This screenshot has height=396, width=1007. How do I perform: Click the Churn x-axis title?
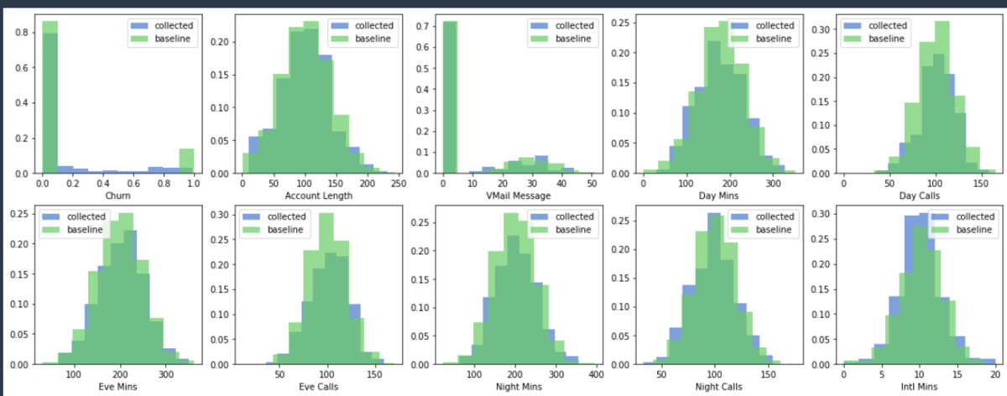tap(117, 195)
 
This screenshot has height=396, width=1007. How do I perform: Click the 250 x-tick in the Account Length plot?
tap(398, 183)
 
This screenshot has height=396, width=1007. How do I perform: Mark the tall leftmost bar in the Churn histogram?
tap(50, 101)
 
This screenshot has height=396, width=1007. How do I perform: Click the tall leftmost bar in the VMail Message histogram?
tap(450, 101)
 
